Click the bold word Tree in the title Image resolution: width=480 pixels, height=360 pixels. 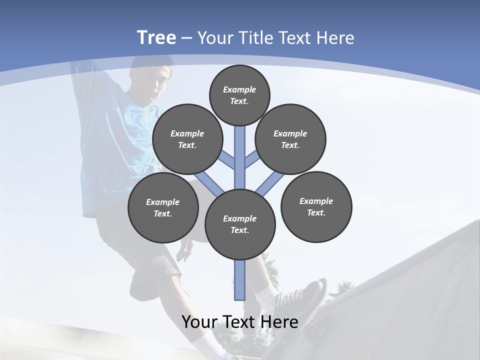coord(156,38)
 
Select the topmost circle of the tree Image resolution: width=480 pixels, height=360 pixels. coord(239,95)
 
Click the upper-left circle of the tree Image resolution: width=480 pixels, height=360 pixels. coord(187,139)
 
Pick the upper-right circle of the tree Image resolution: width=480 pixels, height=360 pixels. coord(290,139)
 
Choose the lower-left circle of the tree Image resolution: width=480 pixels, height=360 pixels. coord(163,207)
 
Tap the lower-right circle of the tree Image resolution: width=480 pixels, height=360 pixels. coord(316,206)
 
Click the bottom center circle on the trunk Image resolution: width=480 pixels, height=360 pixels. coord(240,224)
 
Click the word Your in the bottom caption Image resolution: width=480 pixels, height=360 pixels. coord(200,321)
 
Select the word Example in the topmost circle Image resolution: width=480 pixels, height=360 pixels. coord(239,89)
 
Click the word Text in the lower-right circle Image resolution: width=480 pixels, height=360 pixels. coord(315,212)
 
